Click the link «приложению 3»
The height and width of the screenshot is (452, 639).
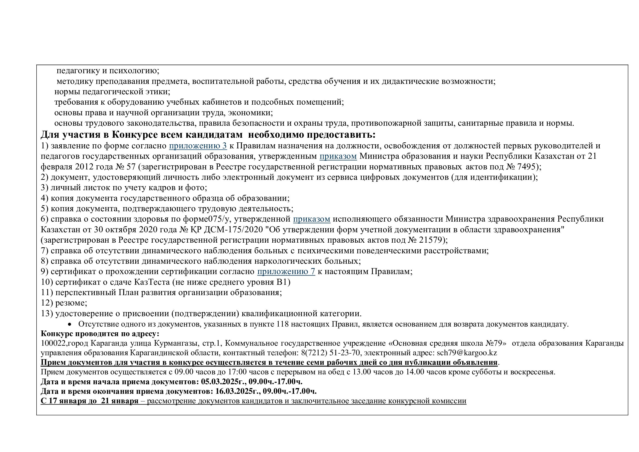(x=198, y=146)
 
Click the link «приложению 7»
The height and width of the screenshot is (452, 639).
(x=286, y=271)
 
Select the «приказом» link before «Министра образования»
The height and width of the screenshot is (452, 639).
(x=338, y=156)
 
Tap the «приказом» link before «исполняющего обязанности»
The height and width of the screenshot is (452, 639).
(x=311, y=219)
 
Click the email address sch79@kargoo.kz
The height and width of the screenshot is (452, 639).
(x=467, y=353)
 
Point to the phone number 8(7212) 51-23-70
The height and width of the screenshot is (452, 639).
(x=330, y=353)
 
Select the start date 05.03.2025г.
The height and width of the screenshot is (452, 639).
(x=222, y=381)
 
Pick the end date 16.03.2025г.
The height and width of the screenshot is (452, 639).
(x=237, y=391)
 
